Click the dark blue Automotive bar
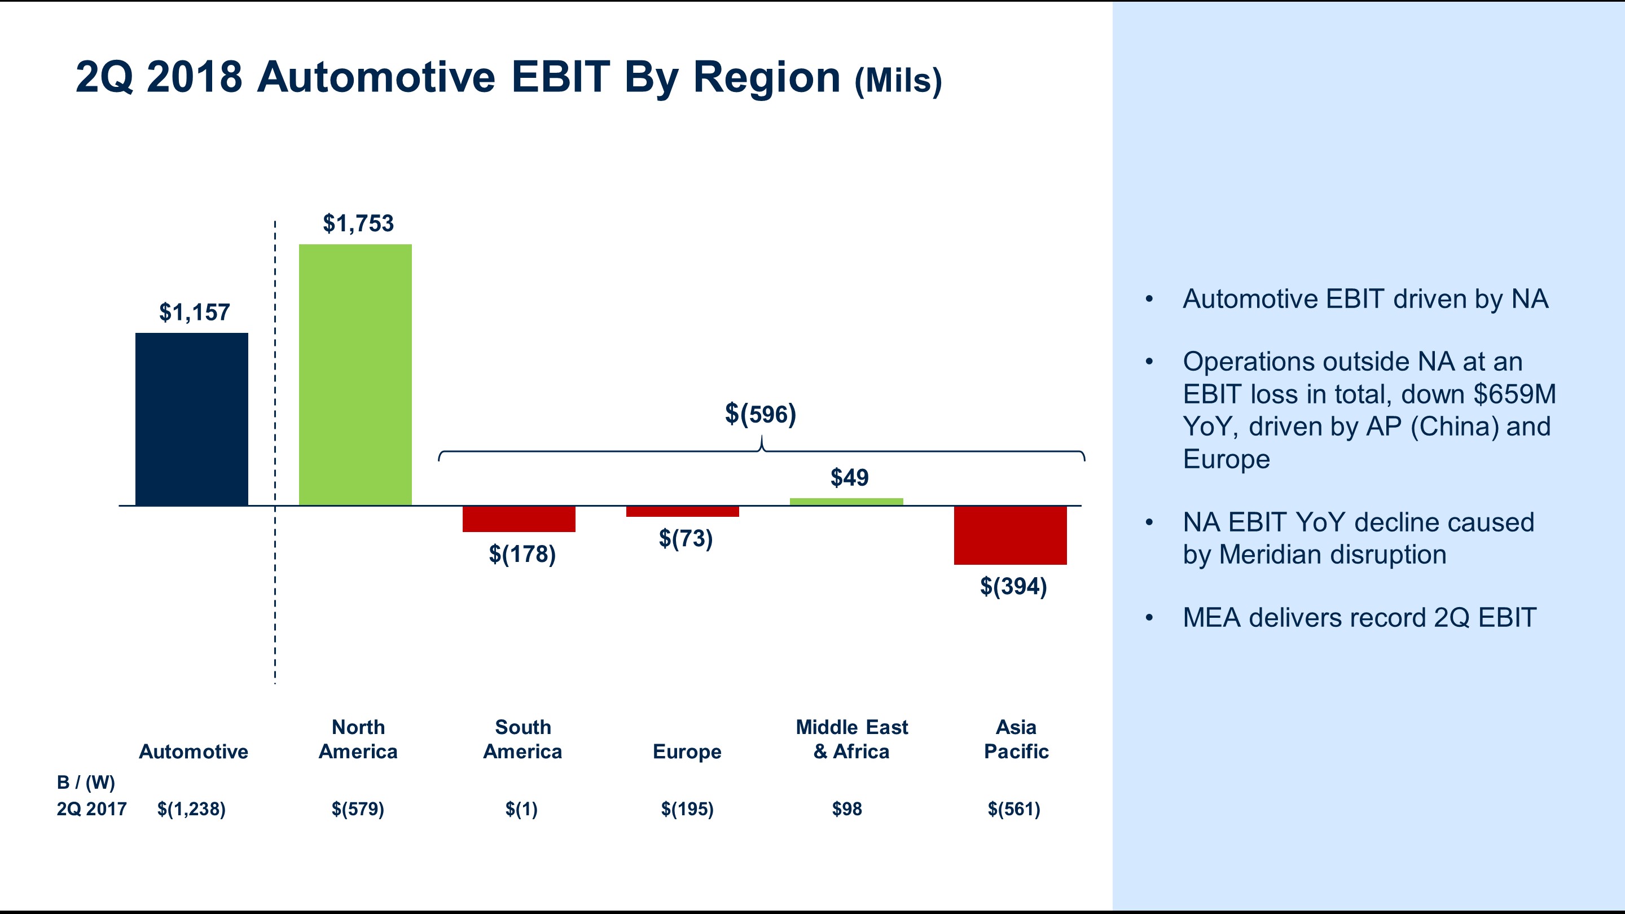[192, 419]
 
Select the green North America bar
[355, 375]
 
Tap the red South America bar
[519, 519]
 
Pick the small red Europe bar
[683, 512]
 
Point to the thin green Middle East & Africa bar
[846, 502]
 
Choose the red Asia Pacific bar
[1010, 535]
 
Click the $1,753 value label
[358, 223]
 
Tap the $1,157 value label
[194, 312]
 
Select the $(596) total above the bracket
[760, 414]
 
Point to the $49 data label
[849, 477]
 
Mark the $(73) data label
[686, 538]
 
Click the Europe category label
[686, 752]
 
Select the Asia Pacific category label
[1016, 739]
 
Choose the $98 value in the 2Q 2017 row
[846, 808]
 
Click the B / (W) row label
[86, 782]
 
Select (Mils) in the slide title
[898, 81]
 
